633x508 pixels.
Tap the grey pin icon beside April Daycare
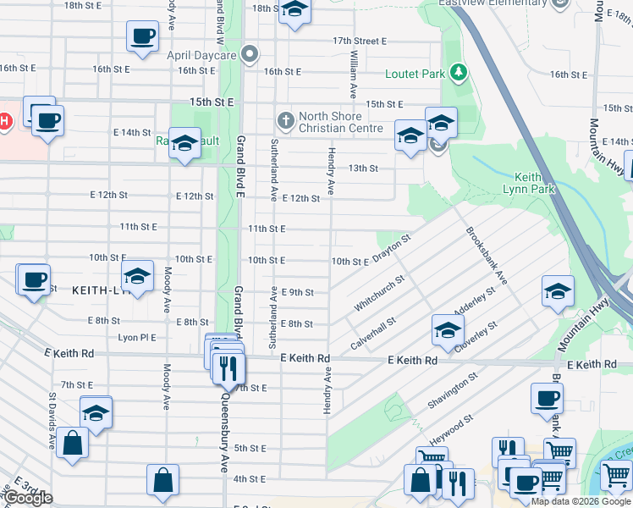click(x=249, y=55)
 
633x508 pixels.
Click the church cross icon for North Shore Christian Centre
click(x=285, y=120)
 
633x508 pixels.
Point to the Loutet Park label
click(x=416, y=74)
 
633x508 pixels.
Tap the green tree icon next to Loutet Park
click(x=459, y=73)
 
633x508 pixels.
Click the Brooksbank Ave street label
click(x=486, y=254)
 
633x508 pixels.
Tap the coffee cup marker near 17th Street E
click(x=142, y=36)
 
